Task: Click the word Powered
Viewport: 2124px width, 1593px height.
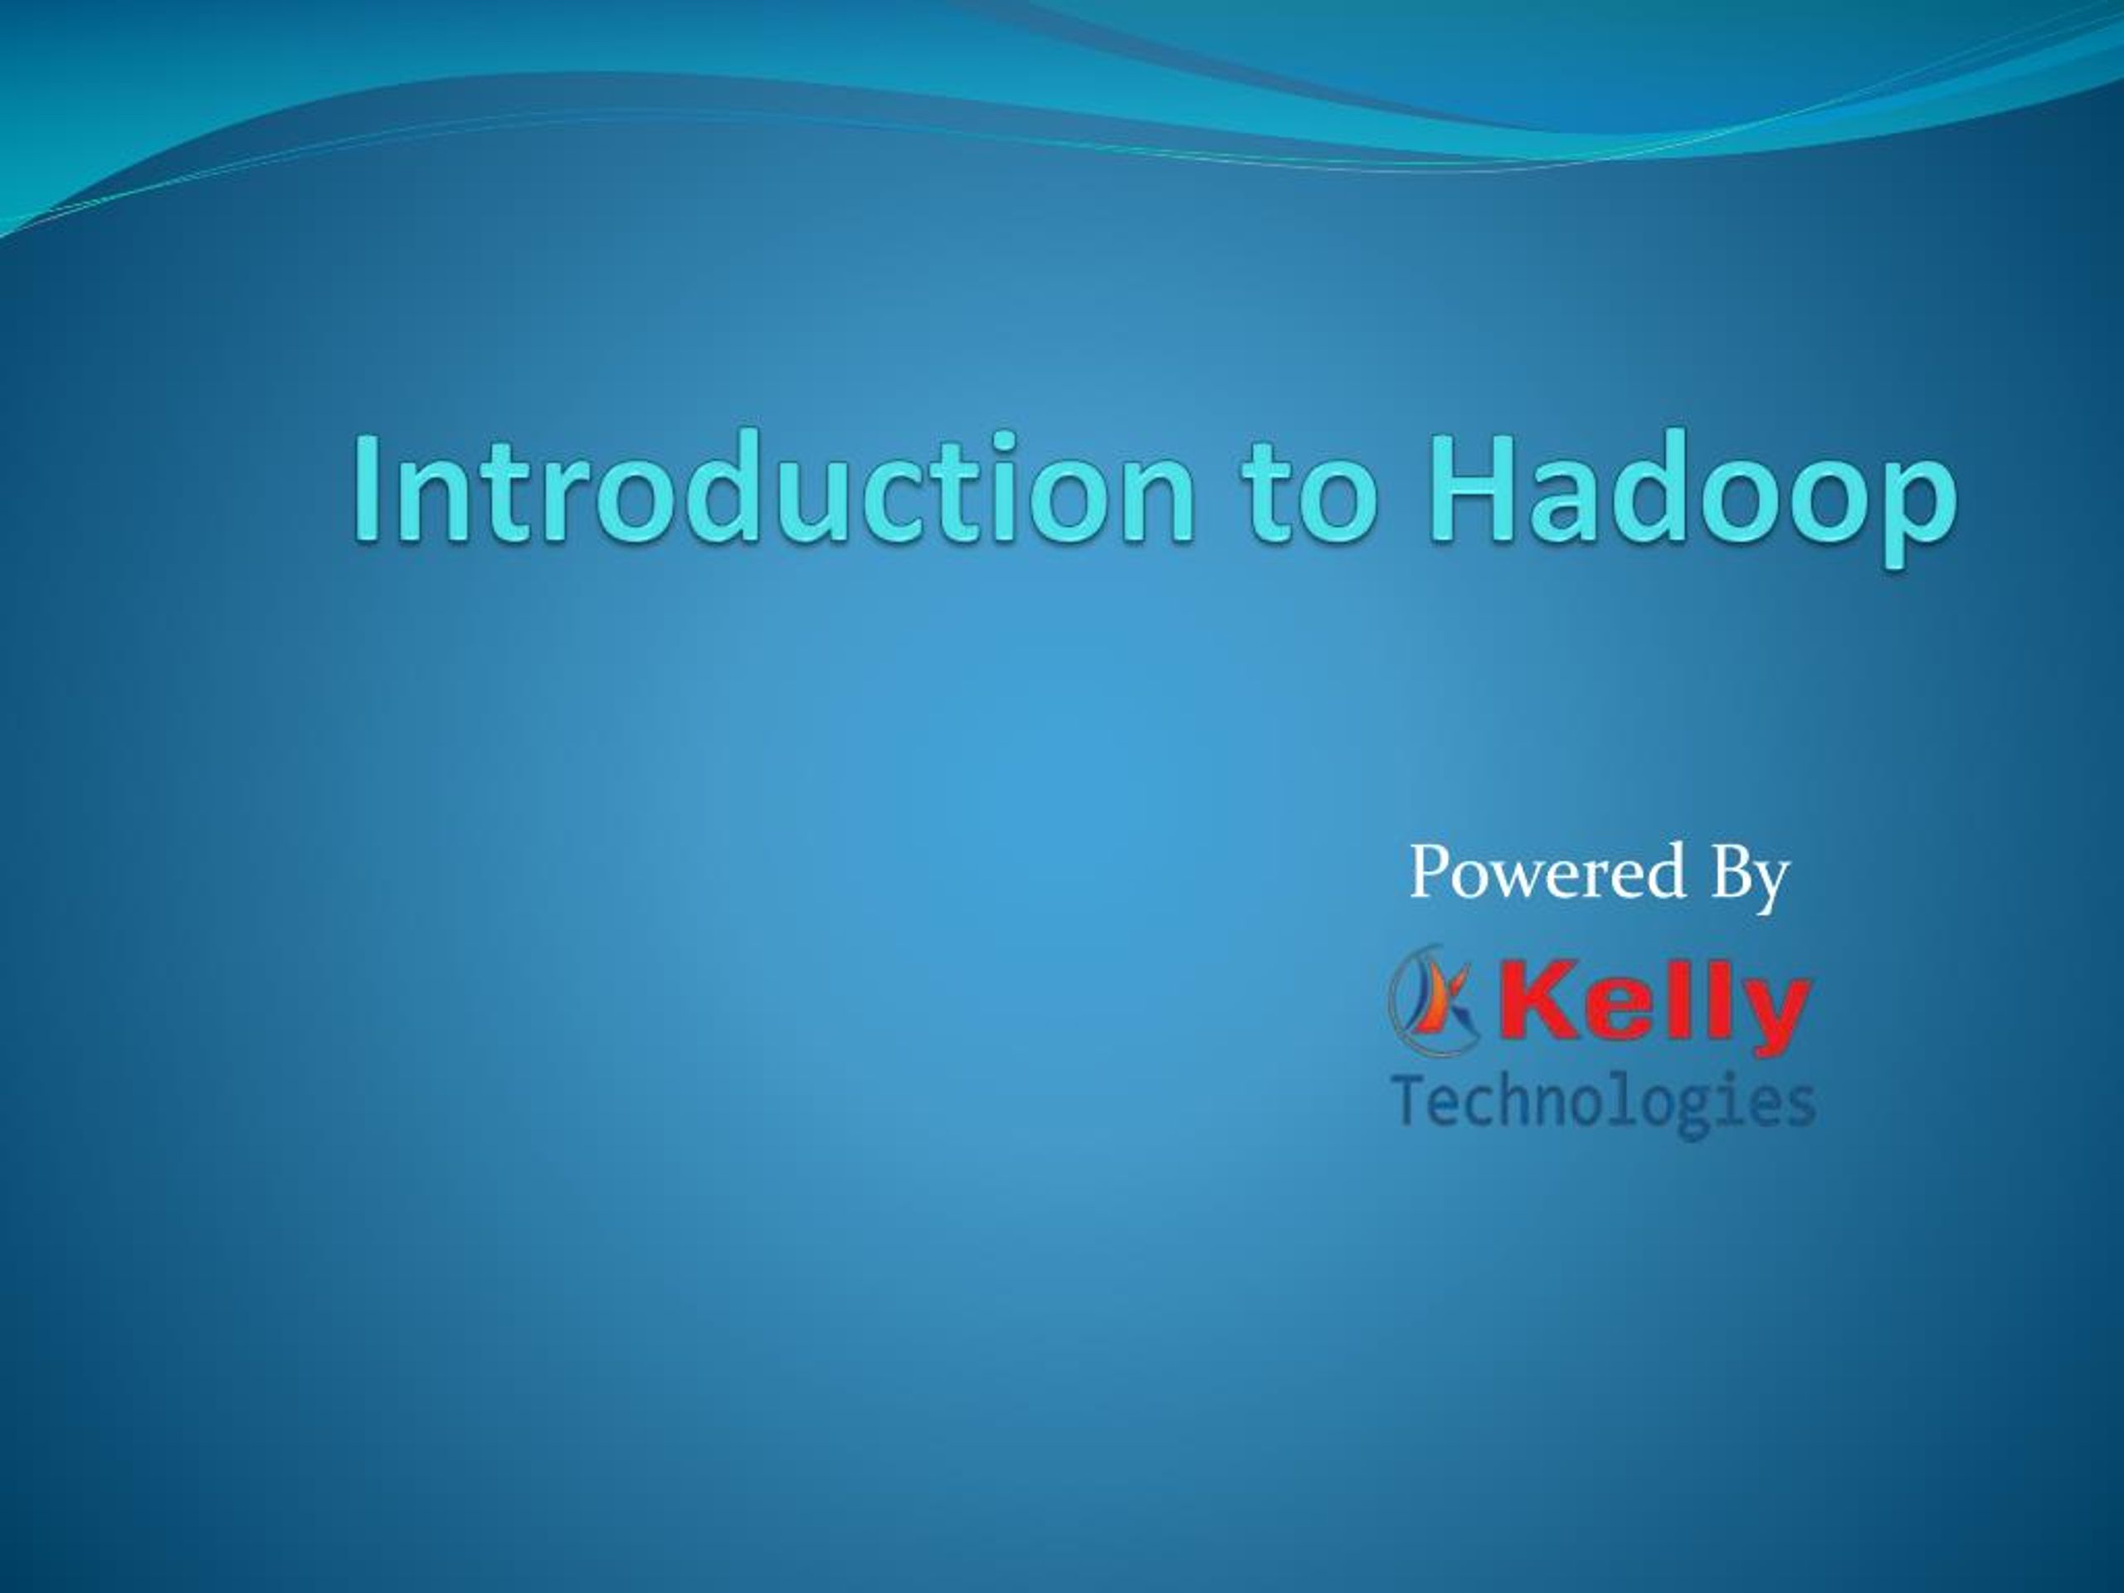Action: [x=1547, y=871]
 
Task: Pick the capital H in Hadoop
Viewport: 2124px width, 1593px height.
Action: [x=1466, y=489]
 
